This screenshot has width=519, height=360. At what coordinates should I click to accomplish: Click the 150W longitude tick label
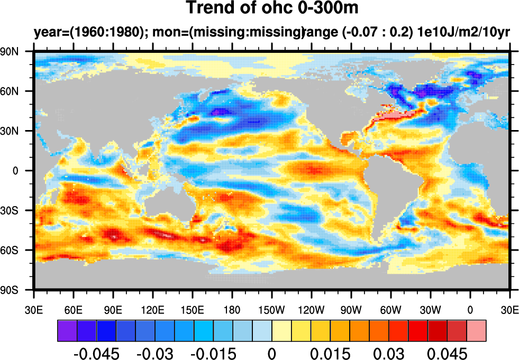pos(272,310)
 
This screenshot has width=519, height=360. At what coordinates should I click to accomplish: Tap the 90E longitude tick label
pos(113,310)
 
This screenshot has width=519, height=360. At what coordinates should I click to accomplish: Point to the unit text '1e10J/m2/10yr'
pos(463,33)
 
